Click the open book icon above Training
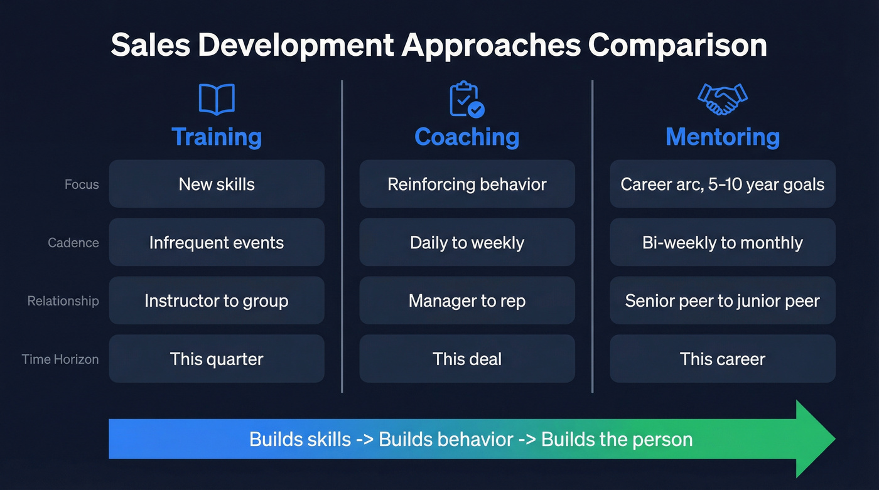[x=217, y=100]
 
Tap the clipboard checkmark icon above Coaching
[x=466, y=99]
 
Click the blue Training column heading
[x=217, y=137]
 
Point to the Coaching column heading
[x=466, y=137]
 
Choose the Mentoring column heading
[x=723, y=137]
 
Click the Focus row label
[x=82, y=184]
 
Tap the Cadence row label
[x=73, y=243]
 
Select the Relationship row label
[x=63, y=301]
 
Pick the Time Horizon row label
[x=60, y=360]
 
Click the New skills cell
[x=217, y=184]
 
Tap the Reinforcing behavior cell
[x=466, y=184]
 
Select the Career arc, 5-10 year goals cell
[x=723, y=184]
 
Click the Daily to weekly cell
[x=466, y=242]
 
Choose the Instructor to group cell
[x=217, y=301]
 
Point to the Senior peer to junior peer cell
[x=723, y=301]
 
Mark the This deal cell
[x=466, y=359]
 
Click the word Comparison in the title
[x=677, y=46]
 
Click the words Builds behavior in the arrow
[x=446, y=439]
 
